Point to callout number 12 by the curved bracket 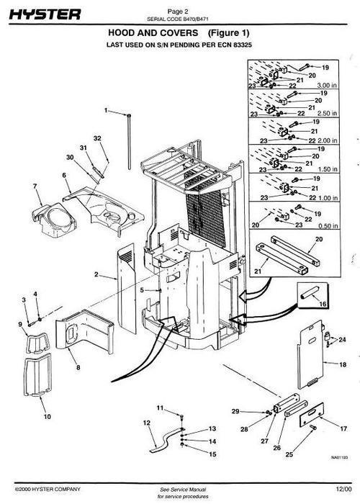point(146,423)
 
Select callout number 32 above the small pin point(97,138)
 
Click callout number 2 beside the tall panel point(96,275)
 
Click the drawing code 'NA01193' point(338,456)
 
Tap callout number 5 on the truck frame point(142,290)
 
